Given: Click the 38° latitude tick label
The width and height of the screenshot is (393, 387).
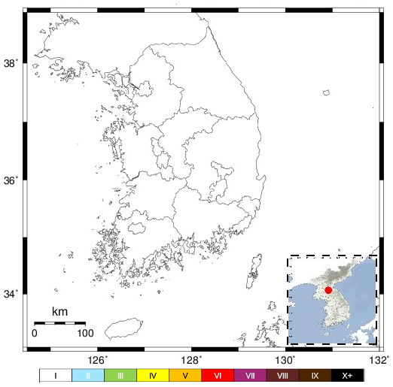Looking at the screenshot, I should [x=13, y=64].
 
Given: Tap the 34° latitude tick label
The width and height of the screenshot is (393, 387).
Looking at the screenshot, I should [x=13, y=293].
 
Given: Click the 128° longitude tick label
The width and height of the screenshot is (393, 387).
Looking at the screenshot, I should [x=193, y=359].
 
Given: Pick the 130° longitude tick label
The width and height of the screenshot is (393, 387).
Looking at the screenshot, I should [x=288, y=359].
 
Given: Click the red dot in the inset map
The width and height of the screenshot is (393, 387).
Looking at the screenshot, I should [x=328, y=289].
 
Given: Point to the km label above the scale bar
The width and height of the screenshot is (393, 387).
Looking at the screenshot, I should [x=60, y=311].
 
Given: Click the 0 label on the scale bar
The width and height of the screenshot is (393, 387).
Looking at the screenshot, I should [x=35, y=333].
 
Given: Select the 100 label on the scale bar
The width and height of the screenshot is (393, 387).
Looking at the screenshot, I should [x=84, y=333].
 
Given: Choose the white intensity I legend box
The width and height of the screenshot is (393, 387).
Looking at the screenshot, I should [x=56, y=374].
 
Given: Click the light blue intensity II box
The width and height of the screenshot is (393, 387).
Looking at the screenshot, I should [x=88, y=374].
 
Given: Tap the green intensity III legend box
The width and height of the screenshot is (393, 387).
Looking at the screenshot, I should [x=120, y=374].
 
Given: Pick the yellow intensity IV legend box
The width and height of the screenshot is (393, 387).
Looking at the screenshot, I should [x=153, y=374].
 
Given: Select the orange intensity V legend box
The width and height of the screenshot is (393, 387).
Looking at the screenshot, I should [x=185, y=374].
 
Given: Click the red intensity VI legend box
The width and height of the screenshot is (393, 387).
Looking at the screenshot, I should [x=218, y=374].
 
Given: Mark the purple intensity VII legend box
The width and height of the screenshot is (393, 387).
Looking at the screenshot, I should [x=250, y=374].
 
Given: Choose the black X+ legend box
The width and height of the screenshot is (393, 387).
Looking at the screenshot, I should [x=347, y=374].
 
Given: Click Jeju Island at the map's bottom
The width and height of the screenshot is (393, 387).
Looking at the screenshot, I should [x=123, y=329].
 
